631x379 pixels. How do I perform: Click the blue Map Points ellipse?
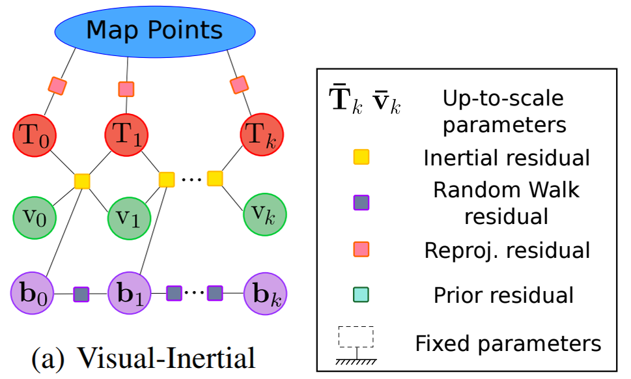coord(155,31)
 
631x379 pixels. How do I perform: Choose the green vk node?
coord(264,214)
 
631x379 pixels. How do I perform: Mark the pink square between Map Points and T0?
coord(57,85)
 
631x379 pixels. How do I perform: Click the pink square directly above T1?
coord(126,89)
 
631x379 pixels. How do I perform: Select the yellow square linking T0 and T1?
coord(82,180)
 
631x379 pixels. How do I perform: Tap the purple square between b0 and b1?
coord(81,294)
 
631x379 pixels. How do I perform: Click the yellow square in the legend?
coord(361,157)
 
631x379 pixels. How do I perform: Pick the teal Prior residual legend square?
coord(361,295)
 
